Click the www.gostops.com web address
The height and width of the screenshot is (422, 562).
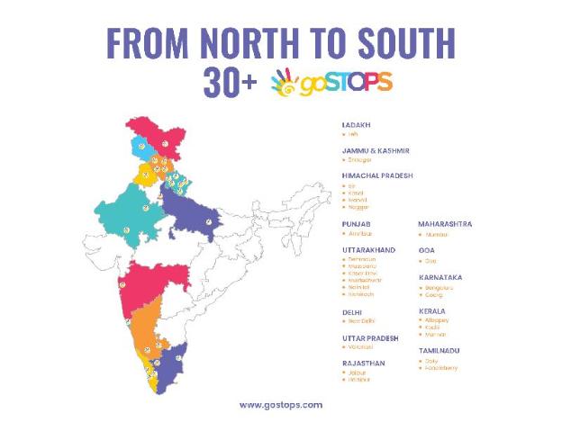[x=280, y=405]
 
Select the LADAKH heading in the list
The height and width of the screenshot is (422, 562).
[x=357, y=124]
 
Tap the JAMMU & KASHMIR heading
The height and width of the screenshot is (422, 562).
[x=376, y=150]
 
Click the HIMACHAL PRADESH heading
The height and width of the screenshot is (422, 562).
[x=377, y=175]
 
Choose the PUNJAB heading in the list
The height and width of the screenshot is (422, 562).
[x=357, y=223]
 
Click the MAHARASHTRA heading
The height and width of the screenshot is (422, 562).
[x=445, y=223]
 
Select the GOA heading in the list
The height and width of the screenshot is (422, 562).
[x=426, y=249]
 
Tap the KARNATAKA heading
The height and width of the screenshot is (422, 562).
[x=440, y=277]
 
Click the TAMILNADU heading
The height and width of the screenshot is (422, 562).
[x=440, y=349]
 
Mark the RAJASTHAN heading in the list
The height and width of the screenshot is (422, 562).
[x=364, y=363]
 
